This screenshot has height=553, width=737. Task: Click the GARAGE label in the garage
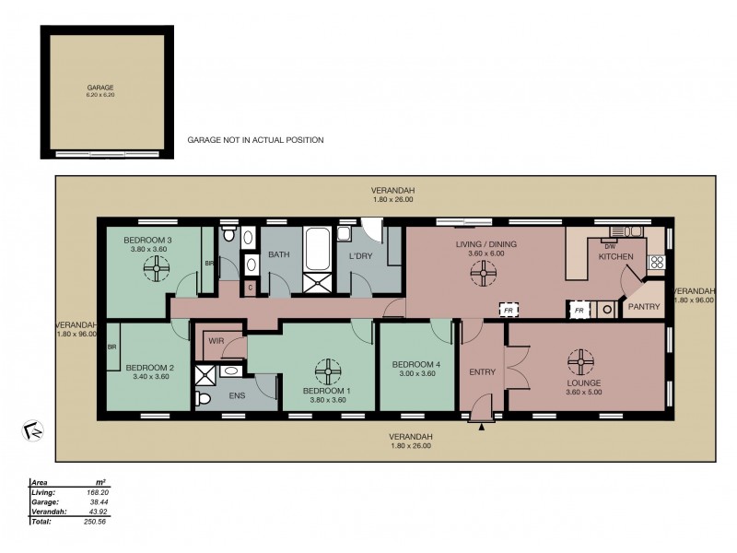[100, 88]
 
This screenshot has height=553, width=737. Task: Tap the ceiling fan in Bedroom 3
[158, 268]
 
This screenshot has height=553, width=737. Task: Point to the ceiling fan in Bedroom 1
[327, 372]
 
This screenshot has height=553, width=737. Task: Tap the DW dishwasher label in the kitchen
[609, 246]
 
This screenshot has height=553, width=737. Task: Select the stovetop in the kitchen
[657, 261]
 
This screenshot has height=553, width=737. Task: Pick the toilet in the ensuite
[205, 399]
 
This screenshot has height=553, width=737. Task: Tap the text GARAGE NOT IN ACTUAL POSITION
[255, 140]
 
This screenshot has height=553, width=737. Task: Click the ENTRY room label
[482, 372]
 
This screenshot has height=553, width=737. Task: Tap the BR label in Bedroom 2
[111, 347]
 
